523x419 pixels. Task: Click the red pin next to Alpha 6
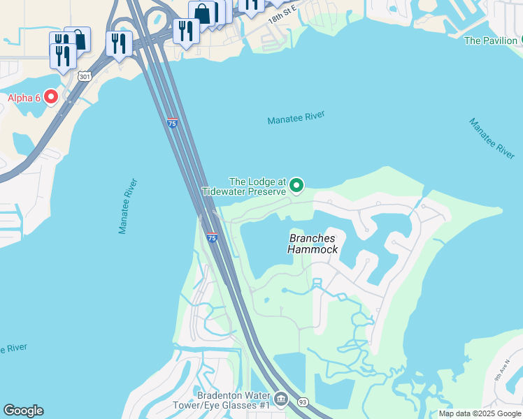[x=51, y=97]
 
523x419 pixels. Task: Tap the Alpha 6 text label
[x=24, y=98]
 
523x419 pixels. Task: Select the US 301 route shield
[x=85, y=76]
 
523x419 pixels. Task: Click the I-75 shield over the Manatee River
[x=172, y=123]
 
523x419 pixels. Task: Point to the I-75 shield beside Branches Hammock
[x=211, y=238]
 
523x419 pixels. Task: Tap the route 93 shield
[x=303, y=402]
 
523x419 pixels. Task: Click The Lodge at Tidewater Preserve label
[x=244, y=186]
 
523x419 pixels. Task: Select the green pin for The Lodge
[x=296, y=185]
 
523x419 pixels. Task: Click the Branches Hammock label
[x=313, y=244]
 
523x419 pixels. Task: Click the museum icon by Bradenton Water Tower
[x=281, y=399]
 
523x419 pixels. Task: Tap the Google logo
[x=23, y=411]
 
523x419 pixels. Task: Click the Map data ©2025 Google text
[x=480, y=413]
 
